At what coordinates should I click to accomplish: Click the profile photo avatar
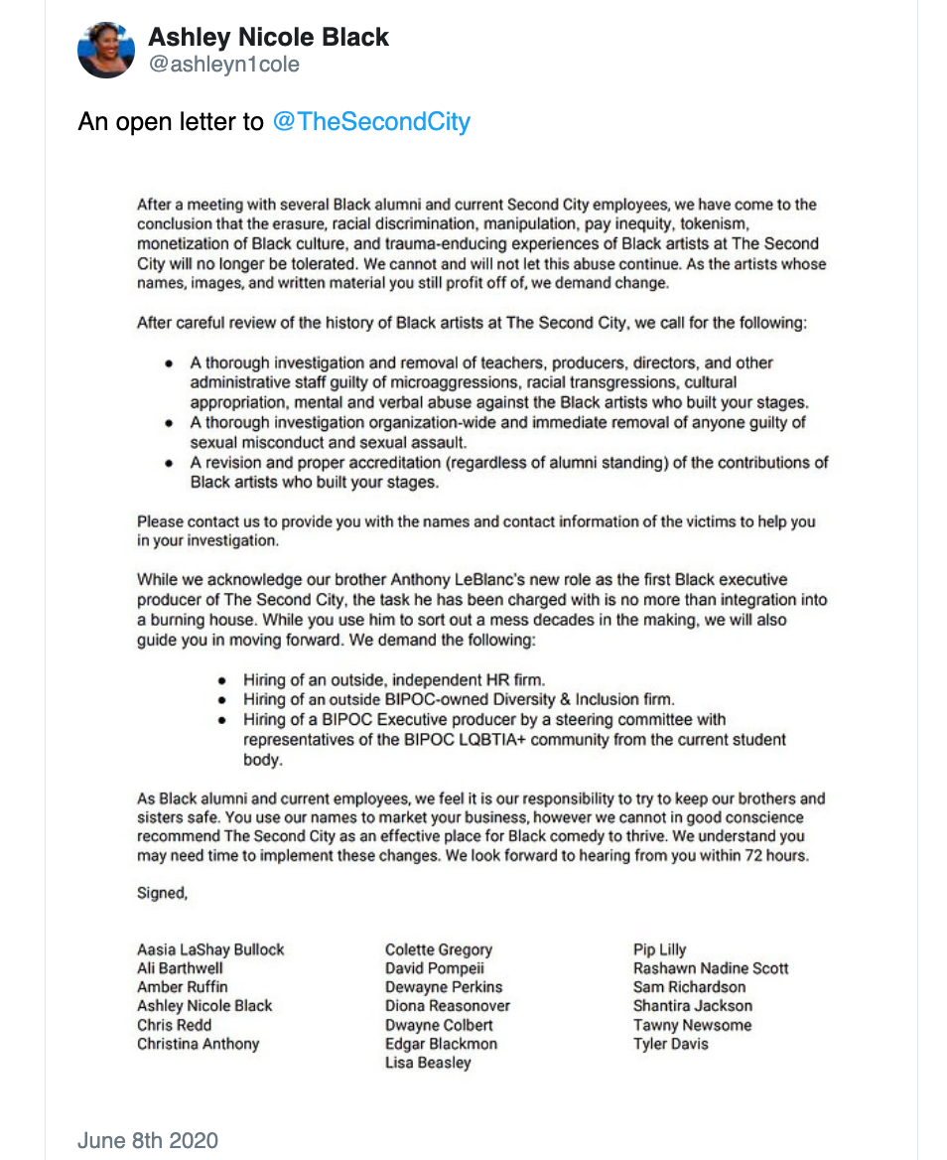click(106, 50)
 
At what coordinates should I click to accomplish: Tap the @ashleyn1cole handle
click(223, 65)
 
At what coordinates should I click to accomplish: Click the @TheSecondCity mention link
click(371, 122)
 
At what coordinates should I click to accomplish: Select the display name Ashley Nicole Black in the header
click(268, 38)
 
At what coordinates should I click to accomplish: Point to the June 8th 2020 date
click(148, 1140)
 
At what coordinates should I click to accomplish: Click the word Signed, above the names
click(162, 893)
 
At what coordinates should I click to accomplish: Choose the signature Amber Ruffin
click(183, 987)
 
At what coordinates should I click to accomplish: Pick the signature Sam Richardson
click(689, 987)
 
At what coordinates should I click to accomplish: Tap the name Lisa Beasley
click(428, 1063)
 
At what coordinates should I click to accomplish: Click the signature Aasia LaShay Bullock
click(210, 949)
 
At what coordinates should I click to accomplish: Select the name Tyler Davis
click(671, 1044)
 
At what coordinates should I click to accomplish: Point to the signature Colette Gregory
click(439, 949)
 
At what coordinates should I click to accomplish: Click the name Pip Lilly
click(660, 949)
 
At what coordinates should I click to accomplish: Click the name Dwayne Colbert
click(439, 1025)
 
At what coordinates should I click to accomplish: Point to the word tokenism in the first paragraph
click(777, 224)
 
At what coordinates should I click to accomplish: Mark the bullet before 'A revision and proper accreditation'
click(170, 464)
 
